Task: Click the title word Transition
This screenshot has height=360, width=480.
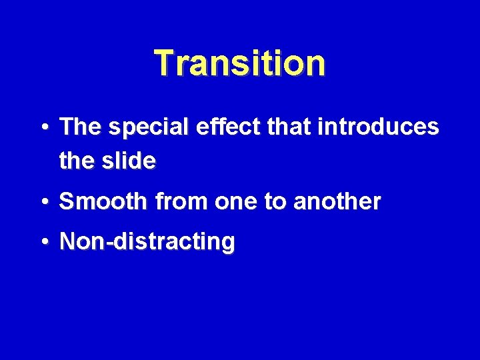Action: (240, 63)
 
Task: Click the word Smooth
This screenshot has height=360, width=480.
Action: (101, 201)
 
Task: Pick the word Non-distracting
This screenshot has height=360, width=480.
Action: (147, 242)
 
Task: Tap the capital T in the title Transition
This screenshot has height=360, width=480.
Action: (164, 63)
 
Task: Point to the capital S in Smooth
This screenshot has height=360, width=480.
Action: (66, 201)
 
